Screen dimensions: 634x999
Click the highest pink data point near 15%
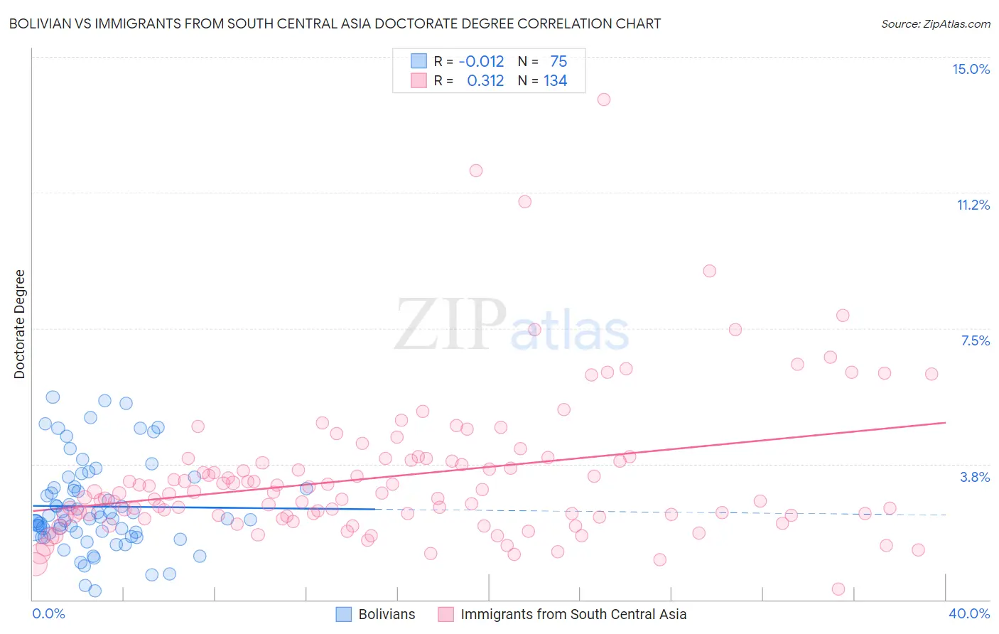pos(604,100)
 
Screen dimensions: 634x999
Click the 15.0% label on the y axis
pos(971,69)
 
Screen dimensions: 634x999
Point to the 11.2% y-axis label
pos(973,205)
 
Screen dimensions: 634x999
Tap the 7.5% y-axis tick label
pos(975,340)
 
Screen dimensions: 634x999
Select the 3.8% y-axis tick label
pos(975,477)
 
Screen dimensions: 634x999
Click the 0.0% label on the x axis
pos(48,613)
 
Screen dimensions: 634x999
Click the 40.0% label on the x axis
pos(968,613)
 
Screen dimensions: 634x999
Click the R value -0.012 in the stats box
pos(481,62)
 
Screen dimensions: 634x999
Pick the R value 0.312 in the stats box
pos(485,81)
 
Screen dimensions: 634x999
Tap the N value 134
pos(555,81)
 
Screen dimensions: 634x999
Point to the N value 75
pos(558,62)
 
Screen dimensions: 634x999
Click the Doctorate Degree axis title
pos(19,324)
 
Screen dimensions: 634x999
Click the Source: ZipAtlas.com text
pos(935,23)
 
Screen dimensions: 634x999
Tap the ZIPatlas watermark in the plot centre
pos(512,326)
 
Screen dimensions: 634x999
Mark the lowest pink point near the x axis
pos(838,589)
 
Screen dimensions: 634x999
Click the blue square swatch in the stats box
pos(419,62)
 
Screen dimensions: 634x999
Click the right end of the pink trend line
pos(945,422)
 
